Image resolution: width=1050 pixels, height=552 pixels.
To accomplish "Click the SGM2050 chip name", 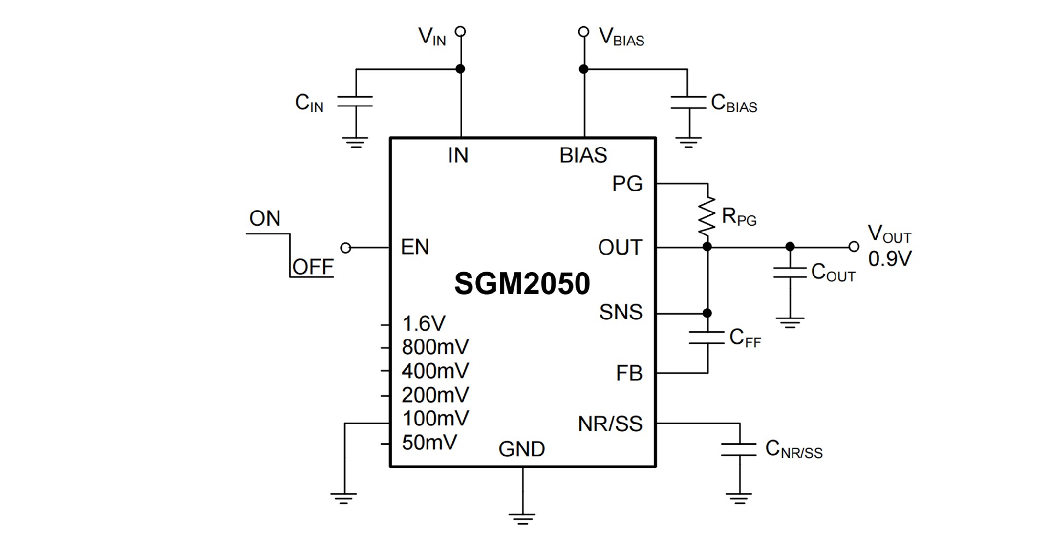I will pyautogui.click(x=522, y=284).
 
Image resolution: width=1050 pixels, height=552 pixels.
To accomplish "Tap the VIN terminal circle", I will pyautogui.click(x=461, y=32).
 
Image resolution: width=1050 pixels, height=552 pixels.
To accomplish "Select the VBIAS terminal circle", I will pyautogui.click(x=584, y=32).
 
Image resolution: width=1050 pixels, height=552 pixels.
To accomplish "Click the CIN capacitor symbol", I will pyautogui.click(x=355, y=101).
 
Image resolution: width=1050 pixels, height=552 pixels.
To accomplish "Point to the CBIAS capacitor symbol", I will pyautogui.click(x=688, y=103).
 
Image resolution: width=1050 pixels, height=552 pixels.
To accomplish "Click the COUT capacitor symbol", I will pyautogui.click(x=790, y=272).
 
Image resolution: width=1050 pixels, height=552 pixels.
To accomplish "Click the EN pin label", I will pyautogui.click(x=415, y=247).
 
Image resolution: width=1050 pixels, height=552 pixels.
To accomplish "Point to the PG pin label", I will pyautogui.click(x=627, y=184).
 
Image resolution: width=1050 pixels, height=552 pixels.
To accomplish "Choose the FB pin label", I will pyautogui.click(x=629, y=373).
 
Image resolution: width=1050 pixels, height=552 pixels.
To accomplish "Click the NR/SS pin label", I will pyautogui.click(x=610, y=424).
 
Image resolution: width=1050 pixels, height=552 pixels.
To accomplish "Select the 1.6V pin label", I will pyautogui.click(x=424, y=324).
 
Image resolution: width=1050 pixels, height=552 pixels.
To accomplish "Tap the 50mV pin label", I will pyautogui.click(x=429, y=442).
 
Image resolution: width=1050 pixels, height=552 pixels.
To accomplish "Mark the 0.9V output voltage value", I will pyautogui.click(x=890, y=259).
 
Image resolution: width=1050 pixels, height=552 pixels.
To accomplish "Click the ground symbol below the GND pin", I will pyautogui.click(x=522, y=518).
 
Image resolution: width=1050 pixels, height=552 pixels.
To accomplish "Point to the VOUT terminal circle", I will pyautogui.click(x=854, y=247).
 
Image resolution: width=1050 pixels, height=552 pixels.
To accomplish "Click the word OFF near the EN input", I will pyautogui.click(x=313, y=267).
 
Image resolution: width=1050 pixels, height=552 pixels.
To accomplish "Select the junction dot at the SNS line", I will pyautogui.click(x=707, y=313).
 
